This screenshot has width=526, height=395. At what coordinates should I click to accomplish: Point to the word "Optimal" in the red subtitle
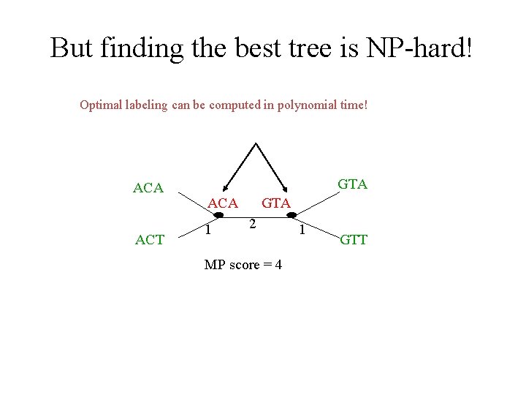tap(101, 105)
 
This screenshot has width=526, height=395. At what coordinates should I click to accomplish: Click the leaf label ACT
tap(150, 239)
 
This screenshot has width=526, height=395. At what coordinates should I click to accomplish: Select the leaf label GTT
tap(354, 239)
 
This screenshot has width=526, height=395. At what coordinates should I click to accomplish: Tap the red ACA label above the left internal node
tap(223, 203)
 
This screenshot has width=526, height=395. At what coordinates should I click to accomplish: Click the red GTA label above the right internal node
tap(276, 203)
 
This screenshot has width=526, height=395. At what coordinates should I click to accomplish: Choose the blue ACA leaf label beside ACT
tap(148, 189)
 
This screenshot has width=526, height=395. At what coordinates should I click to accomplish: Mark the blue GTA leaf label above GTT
tap(352, 184)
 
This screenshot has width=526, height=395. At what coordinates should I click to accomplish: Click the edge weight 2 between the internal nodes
tap(251, 223)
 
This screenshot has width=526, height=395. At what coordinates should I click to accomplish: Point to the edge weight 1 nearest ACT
tap(208, 230)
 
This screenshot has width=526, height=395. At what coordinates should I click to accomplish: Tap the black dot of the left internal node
tap(218, 214)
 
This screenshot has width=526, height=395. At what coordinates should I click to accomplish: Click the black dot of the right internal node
tap(291, 214)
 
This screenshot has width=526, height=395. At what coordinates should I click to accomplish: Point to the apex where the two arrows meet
tap(255, 143)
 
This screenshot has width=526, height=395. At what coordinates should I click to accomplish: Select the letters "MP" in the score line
tap(215, 265)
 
